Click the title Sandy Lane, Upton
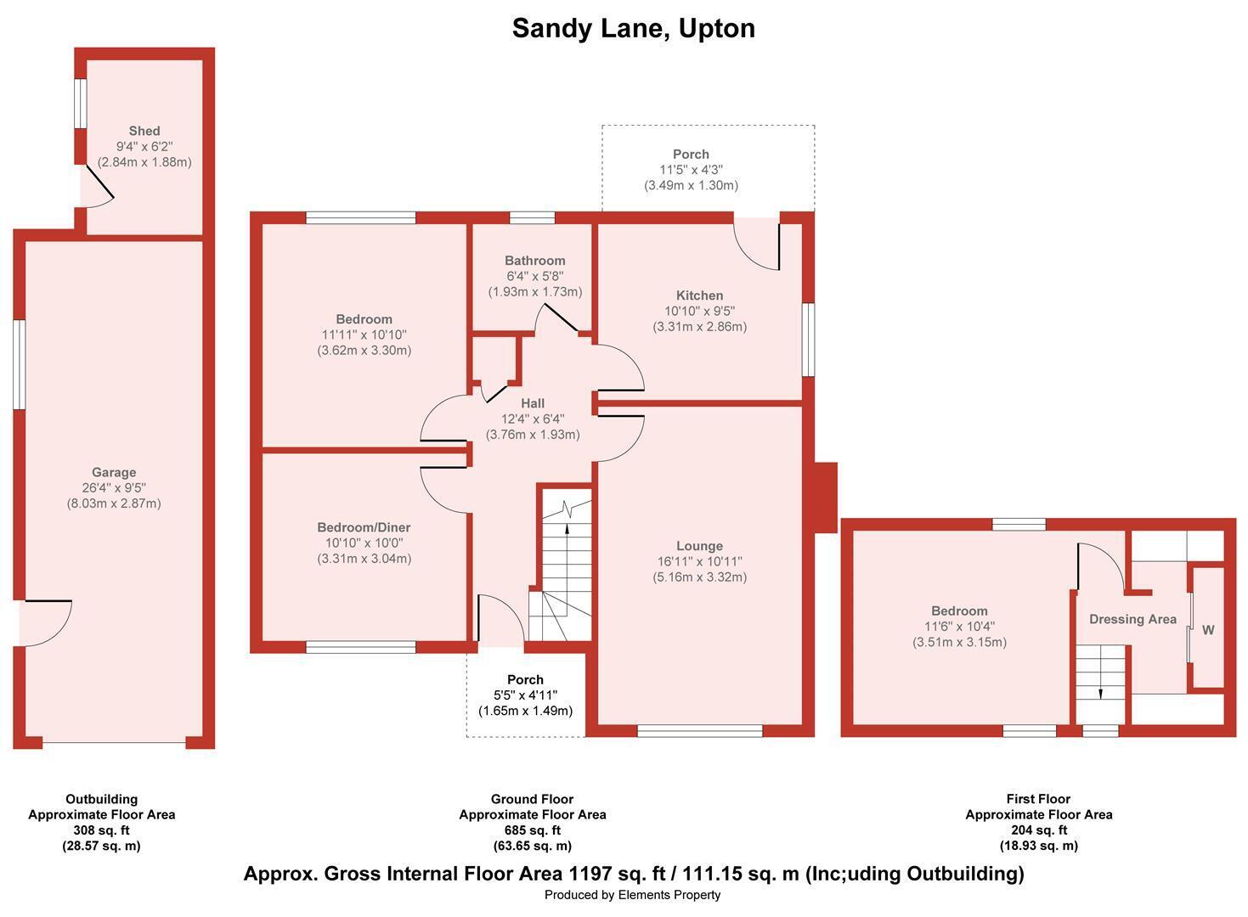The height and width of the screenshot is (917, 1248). point(634,28)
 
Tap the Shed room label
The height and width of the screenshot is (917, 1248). point(144,131)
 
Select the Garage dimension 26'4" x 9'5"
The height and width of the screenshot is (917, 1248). point(114,487)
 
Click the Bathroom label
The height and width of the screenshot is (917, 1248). point(535,261)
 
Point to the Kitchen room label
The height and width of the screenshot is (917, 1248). point(699,295)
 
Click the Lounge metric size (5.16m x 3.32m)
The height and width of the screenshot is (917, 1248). point(699,577)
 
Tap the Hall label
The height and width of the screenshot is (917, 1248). point(533,403)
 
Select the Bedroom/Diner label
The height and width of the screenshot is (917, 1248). point(364,527)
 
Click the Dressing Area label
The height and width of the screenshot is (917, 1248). point(1132,619)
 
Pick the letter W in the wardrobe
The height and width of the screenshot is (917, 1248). point(1208,630)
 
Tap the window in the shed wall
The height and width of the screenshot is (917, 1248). point(81,104)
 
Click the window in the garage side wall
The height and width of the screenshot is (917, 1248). point(20,365)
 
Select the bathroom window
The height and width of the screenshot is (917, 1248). point(532,217)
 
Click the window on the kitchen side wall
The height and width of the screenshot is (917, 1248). point(808,340)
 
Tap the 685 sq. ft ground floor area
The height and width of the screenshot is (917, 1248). point(532,830)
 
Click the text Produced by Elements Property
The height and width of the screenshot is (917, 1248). point(632,895)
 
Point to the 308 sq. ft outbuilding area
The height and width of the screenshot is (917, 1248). point(101,830)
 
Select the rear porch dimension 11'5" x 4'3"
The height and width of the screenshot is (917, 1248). point(691,170)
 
